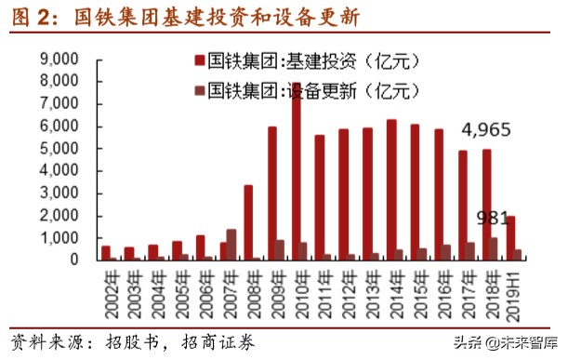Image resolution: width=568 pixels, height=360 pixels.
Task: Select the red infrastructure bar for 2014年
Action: (391, 190)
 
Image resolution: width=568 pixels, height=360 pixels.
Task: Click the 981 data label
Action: (493, 218)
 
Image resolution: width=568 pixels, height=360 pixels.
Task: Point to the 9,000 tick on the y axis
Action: (59, 59)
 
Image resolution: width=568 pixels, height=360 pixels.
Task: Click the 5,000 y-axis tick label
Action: (59, 148)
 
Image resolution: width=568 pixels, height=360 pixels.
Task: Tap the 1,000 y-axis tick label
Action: (59, 237)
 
